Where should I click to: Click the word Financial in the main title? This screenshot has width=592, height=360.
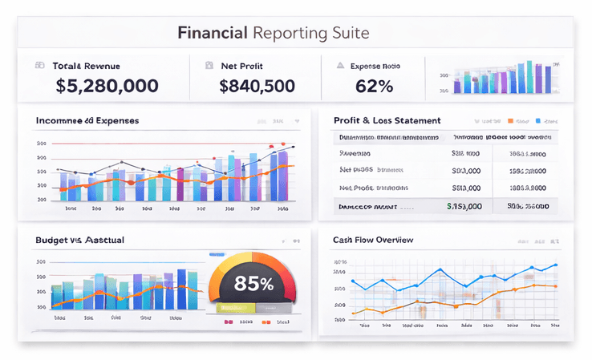(211, 34)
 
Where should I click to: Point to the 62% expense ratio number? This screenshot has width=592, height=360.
(369, 85)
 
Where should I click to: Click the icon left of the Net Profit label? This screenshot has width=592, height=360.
(209, 66)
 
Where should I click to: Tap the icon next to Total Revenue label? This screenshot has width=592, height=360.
(39, 66)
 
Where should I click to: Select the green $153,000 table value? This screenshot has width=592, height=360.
(464, 206)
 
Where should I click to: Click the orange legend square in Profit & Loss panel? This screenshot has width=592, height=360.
(509, 121)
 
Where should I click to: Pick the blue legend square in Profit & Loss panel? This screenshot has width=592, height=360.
(537, 121)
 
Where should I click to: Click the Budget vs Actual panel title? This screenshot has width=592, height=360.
(79, 240)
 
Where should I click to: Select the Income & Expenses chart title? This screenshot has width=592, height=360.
(87, 120)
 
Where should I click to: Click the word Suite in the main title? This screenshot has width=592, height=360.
(350, 34)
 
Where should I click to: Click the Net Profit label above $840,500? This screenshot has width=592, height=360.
(241, 66)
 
